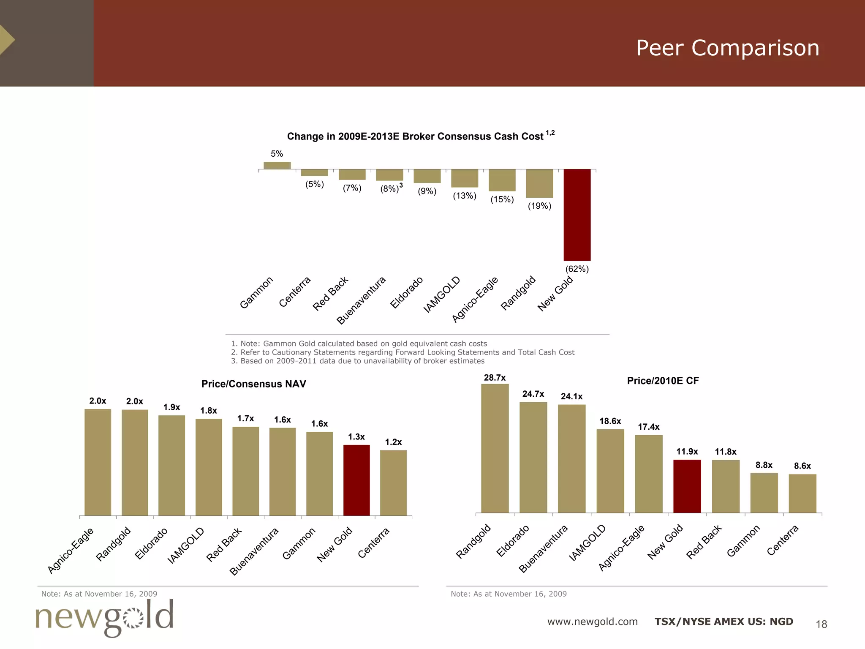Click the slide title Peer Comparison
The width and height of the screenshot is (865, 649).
pos(727,48)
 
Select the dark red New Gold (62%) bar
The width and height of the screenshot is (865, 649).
pos(577,215)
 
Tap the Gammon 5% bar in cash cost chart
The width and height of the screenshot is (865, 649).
pos(277,165)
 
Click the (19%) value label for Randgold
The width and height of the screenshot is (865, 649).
pos(539,206)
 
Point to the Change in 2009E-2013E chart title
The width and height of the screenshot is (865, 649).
pos(415,136)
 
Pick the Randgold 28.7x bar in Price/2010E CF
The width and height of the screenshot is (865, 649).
pos(495,448)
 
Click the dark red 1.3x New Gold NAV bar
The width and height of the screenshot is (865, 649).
pos(356,480)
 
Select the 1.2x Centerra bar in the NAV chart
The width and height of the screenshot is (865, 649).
pos(393,483)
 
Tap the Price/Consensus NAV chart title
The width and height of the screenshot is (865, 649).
pos(253,384)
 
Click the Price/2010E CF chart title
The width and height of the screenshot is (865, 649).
pos(663,381)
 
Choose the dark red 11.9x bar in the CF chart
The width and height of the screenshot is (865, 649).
pos(687,486)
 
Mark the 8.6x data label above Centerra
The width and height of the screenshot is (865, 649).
pos(802,466)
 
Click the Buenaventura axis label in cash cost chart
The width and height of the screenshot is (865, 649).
pos(361,300)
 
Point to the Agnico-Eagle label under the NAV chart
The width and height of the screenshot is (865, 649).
pos(70,551)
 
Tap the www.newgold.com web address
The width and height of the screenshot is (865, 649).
pos(592,622)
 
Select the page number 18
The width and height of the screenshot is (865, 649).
pos(821,624)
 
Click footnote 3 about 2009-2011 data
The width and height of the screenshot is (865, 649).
pos(357,361)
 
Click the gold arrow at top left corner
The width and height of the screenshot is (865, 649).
pos(7,40)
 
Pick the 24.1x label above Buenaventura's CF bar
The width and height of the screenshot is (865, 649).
pos(571,396)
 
